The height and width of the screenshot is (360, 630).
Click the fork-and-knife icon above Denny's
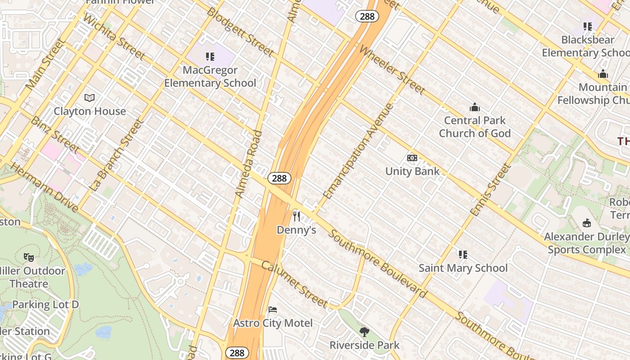[x=296, y=216]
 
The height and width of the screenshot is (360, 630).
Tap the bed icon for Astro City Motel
[x=273, y=310]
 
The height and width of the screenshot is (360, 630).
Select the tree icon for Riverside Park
[x=364, y=332]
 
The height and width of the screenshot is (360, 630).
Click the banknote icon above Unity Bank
[x=412, y=158]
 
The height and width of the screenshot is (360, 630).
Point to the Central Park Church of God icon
[x=474, y=107]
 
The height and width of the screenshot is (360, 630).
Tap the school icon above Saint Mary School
[x=463, y=255]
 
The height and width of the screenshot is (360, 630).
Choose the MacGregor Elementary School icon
[x=210, y=57]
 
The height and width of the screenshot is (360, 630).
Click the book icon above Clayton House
[x=90, y=98]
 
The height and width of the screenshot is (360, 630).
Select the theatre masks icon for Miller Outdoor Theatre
[x=29, y=257]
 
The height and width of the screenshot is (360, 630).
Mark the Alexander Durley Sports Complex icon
[x=586, y=223]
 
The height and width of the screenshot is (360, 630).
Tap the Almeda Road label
[x=248, y=164]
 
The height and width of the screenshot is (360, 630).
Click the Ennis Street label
[x=490, y=189]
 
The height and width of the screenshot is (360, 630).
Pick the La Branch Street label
[x=116, y=154]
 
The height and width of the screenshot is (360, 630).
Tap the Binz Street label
[x=55, y=134]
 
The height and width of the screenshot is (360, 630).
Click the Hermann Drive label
[x=44, y=187]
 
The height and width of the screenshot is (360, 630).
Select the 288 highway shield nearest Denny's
[x=279, y=178]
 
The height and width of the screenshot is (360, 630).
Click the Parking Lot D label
[x=45, y=305]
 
